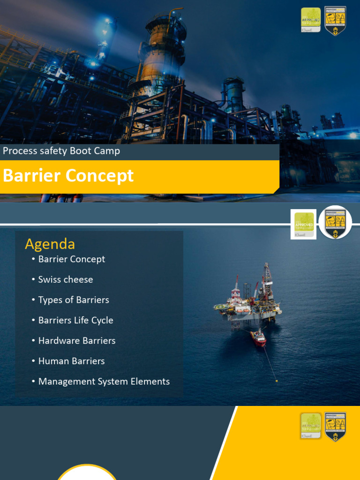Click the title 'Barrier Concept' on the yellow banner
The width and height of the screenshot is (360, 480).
click(68, 176)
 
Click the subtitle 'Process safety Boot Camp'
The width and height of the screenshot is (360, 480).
click(61, 151)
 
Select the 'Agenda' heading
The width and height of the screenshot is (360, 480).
click(50, 244)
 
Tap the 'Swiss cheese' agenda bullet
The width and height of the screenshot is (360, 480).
click(66, 279)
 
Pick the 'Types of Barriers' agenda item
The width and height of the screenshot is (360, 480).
click(74, 300)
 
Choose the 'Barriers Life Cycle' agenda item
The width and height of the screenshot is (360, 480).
click(75, 321)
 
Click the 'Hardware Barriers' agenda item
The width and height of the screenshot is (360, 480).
click(77, 341)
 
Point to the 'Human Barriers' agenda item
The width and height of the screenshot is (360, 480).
click(71, 361)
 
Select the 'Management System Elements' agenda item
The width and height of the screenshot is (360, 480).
click(104, 382)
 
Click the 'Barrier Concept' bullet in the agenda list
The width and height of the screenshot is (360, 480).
click(71, 259)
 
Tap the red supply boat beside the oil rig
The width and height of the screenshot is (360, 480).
click(258, 337)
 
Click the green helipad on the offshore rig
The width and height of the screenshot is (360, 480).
click(219, 307)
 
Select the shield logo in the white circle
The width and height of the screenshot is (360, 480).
click(335, 223)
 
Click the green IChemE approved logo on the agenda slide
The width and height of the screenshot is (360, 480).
click(304, 224)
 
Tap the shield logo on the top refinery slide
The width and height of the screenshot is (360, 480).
click(335, 21)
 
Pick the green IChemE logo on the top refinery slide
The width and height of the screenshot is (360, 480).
click(311, 20)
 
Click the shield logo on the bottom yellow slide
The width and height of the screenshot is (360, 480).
click(335, 427)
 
